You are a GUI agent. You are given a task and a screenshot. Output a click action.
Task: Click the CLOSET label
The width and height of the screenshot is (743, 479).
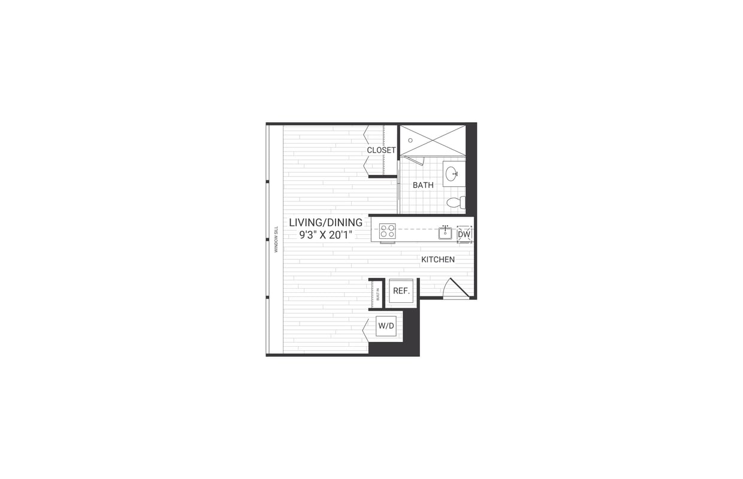click(381, 150)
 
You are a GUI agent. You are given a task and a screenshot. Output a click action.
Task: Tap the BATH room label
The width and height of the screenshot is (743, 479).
click(423, 185)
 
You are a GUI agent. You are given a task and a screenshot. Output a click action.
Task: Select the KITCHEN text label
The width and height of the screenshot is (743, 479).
click(437, 260)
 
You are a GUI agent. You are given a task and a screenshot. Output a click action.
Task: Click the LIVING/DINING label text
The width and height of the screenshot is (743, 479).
click(325, 223)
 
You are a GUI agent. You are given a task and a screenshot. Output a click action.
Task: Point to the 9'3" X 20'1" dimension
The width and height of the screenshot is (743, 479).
click(325, 235)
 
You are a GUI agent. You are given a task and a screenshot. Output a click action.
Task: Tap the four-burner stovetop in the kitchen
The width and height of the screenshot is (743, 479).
click(387, 231)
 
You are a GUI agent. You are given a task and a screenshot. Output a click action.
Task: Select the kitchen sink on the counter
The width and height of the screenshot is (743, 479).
click(445, 234)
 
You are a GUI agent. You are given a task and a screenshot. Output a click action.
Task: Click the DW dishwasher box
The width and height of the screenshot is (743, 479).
click(464, 234)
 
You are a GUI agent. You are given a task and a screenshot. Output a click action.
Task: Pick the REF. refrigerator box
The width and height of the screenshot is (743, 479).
click(401, 292)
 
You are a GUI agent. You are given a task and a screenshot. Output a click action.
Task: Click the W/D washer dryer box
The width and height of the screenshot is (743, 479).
click(386, 326)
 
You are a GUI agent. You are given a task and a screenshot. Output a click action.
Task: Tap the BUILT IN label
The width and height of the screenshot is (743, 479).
click(378, 294)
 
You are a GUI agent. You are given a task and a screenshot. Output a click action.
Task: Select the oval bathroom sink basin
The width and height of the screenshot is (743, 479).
click(451, 174)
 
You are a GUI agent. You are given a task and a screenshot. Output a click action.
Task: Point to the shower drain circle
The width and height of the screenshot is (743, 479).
click(410, 140)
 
